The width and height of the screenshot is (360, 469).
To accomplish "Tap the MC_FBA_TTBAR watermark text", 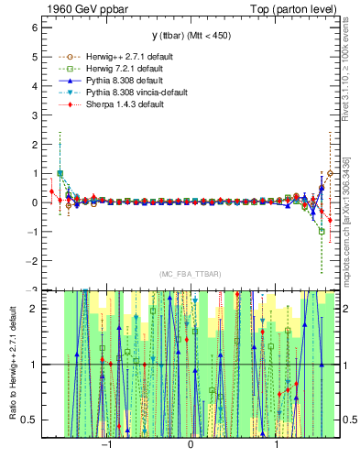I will (x=190, y=274).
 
